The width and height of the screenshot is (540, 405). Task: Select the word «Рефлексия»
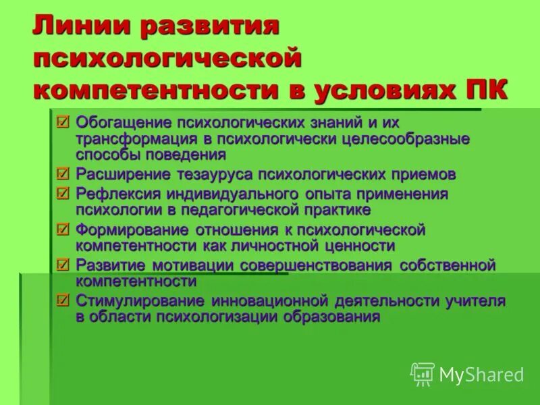click(x=111, y=194)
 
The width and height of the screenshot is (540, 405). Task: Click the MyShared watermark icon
click(x=423, y=374)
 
